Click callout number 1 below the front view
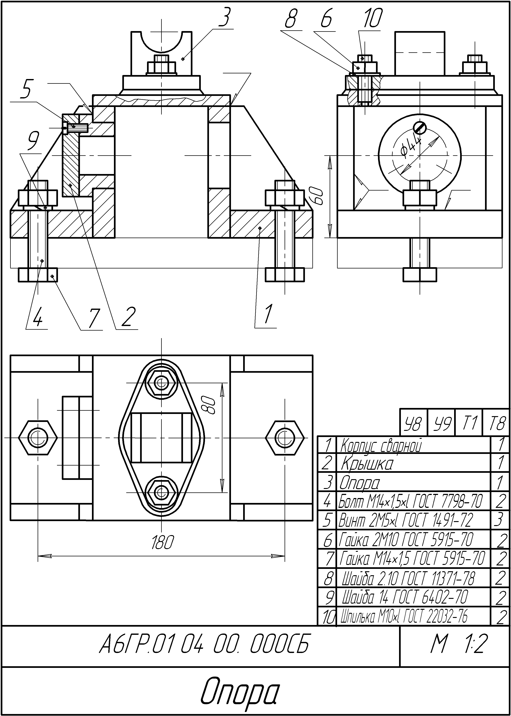[268, 314]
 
